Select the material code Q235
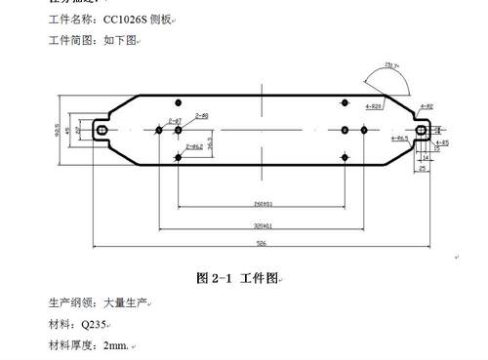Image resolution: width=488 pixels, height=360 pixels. click(x=94, y=324)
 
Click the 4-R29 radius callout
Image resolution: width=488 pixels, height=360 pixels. click(x=374, y=105)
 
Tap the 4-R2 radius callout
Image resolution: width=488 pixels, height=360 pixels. click(x=426, y=105)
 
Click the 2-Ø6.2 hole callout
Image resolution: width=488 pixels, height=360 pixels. click(x=191, y=146)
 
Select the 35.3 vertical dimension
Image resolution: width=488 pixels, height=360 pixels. click(x=210, y=142)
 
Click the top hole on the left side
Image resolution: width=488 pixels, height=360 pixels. click(x=178, y=102)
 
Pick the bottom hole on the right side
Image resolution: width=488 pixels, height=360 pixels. click(x=344, y=157)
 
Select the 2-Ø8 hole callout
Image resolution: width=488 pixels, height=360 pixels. click(x=202, y=116)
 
